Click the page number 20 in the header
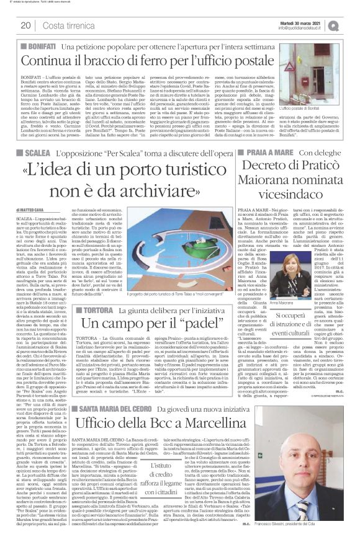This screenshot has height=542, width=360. click(x=26, y=25)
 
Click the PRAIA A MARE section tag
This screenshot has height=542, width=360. click(x=268, y=152)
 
